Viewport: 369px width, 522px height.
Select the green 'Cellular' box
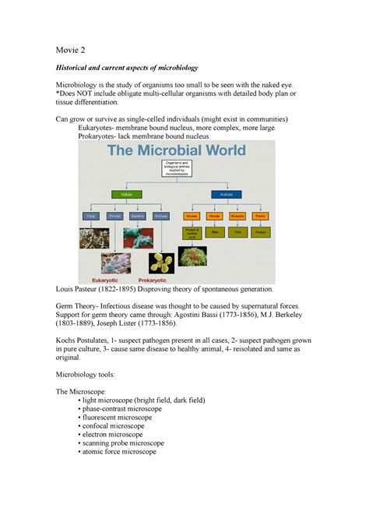pyautogui.click(x=126, y=193)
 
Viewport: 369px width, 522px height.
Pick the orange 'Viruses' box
pyautogui.click(x=191, y=215)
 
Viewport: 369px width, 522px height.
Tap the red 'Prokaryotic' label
pyautogui.click(x=156, y=278)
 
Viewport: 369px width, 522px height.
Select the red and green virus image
pyautogui.click(x=191, y=256)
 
